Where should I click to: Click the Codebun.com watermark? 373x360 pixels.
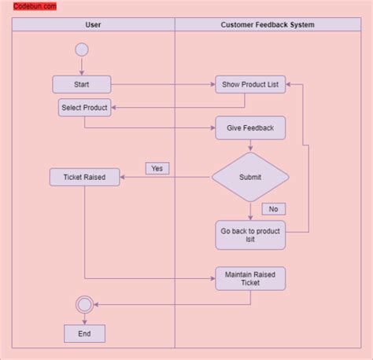click(35, 6)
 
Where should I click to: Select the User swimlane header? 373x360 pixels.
click(93, 24)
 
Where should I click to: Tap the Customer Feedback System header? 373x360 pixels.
click(267, 24)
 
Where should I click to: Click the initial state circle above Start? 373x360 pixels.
click(81, 50)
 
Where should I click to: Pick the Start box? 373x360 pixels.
click(82, 84)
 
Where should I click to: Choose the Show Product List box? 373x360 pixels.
click(250, 84)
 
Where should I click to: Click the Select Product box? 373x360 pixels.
click(84, 108)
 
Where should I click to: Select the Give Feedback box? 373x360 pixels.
click(250, 127)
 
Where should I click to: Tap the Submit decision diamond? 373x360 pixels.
click(250, 177)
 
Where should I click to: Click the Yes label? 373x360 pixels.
click(157, 168)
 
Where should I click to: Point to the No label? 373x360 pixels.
click(273, 209)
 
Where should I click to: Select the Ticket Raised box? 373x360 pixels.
click(84, 177)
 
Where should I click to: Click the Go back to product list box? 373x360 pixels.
click(250, 235)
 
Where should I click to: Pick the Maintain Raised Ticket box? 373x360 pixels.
click(250, 278)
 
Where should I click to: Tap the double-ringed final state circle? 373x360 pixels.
click(84, 305)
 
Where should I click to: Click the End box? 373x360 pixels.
click(84, 333)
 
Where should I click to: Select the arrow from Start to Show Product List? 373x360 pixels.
click(163, 84)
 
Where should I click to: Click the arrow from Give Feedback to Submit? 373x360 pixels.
click(250, 145)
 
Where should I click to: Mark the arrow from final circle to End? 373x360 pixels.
click(84, 319)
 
